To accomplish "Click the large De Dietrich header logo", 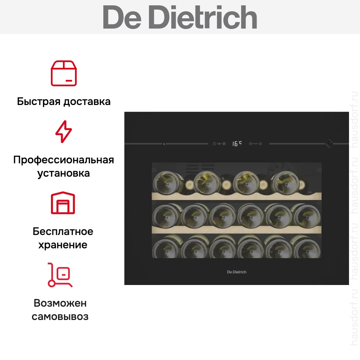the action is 180,17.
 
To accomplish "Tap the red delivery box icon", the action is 64,73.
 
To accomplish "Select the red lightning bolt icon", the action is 64,132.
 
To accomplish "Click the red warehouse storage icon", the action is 63,203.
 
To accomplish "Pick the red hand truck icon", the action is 60,275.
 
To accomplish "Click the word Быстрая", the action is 39,101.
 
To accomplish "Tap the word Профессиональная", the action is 64,160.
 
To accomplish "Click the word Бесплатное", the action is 63,231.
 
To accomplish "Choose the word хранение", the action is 63,245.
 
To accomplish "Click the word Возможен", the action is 60,303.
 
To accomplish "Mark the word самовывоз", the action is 60,317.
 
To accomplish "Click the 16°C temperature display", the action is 237,144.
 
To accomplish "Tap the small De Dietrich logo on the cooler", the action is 237,272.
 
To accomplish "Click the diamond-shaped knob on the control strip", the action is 329,144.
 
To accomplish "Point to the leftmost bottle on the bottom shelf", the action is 166,247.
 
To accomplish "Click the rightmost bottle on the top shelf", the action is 285,182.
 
